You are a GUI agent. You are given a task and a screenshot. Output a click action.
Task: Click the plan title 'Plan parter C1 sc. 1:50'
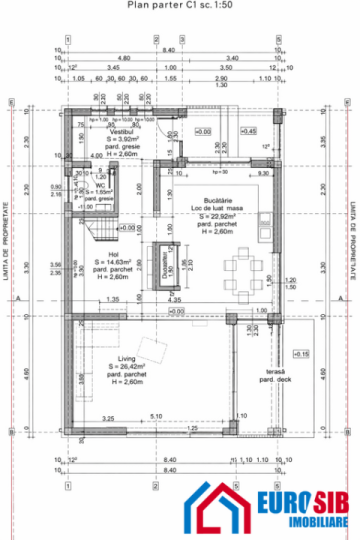click(180, 5)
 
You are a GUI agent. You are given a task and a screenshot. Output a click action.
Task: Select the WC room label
click(98, 185)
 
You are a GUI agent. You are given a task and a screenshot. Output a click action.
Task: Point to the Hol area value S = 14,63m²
click(113, 262)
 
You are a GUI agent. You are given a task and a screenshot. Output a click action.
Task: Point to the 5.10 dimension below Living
click(155, 417)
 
